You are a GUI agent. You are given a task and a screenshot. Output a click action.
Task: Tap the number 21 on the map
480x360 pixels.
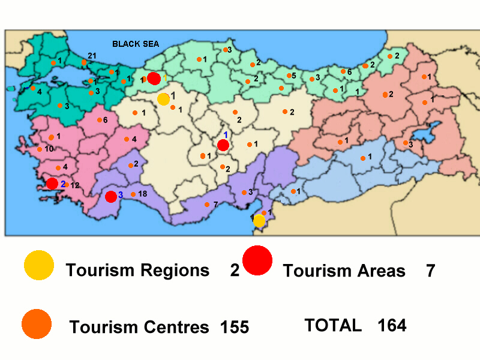pos(92,55)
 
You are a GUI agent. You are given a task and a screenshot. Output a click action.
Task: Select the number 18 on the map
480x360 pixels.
pos(142,194)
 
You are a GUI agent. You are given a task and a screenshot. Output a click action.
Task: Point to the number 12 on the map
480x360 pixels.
pos(75,185)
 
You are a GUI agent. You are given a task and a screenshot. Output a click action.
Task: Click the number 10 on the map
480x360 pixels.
pos(50,148)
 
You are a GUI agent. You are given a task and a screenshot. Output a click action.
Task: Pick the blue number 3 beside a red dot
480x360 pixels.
pos(120,195)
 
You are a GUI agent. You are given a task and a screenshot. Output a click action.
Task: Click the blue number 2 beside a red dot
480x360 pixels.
pos(62,183)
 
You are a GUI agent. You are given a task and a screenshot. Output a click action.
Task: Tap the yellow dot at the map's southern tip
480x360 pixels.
pos(259,221)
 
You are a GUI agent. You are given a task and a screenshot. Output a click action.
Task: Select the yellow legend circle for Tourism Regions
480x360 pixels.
pos(39,265)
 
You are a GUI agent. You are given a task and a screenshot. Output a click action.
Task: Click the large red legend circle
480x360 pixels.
pos(257,261)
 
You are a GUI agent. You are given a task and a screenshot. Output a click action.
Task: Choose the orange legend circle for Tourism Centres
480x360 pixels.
pos(37,324)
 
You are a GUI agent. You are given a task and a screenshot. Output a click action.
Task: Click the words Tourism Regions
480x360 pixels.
pos(137,270)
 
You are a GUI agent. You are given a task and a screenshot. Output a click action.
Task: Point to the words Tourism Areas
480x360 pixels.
pos(344,271)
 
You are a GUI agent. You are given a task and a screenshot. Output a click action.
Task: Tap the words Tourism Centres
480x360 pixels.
pos(139,327)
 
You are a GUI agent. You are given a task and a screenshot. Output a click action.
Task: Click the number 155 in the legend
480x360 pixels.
pos(234,327)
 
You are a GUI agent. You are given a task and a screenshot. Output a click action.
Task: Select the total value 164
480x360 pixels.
pos(392,325)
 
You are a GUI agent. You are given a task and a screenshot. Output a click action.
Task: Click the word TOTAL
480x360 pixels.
pos(333,325)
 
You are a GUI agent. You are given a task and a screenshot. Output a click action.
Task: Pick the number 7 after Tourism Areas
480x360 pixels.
pos(430,271)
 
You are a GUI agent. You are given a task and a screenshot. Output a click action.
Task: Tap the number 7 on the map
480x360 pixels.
pos(215,205)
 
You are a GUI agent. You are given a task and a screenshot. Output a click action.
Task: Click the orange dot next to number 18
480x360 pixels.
pos(133,194)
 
